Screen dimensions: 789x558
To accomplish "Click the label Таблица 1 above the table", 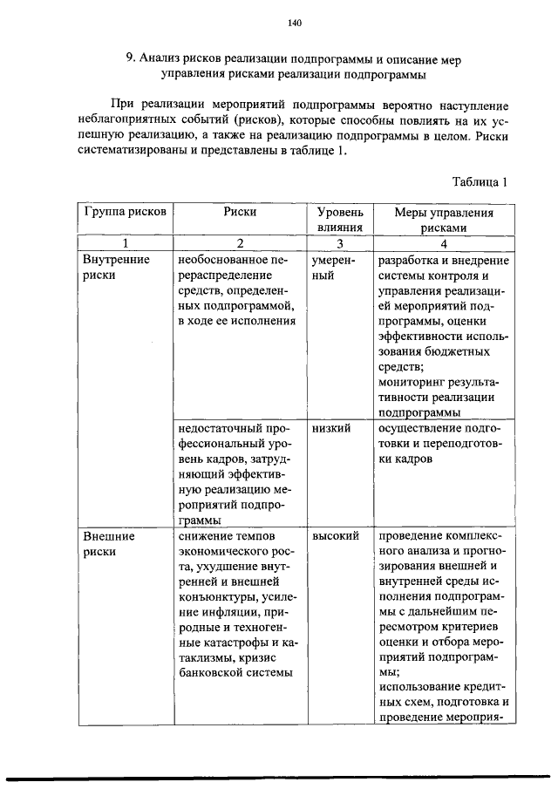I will (x=480, y=182).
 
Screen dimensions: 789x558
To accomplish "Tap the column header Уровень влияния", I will (x=340, y=219).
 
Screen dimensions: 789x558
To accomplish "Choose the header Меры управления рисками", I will (x=444, y=219).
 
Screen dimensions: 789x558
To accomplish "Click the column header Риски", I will (x=240, y=212).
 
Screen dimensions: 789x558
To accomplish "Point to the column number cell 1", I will (x=126, y=243).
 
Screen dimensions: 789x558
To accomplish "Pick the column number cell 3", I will (x=340, y=243).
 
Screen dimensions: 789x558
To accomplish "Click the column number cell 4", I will (x=444, y=243).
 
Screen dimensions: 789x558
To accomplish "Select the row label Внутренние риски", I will (x=116, y=268).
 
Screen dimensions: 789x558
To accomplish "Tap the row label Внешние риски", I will (x=110, y=543).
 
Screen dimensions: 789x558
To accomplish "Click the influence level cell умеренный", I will (x=331, y=268).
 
